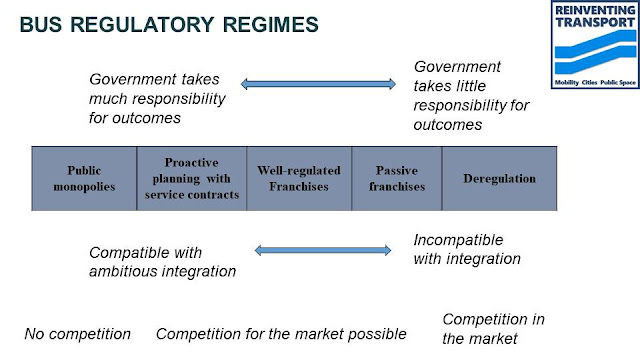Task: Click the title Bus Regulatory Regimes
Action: point(169,24)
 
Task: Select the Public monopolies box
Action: point(84,178)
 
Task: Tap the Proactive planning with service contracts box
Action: point(192,178)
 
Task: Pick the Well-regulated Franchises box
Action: point(299,178)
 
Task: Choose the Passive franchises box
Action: point(397,178)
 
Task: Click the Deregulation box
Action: point(500,178)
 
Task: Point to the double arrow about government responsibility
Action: point(318,84)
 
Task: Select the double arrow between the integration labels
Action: point(323,250)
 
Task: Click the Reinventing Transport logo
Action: point(595,44)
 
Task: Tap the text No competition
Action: point(78,334)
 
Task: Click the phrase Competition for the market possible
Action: point(281,334)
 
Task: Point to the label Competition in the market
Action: point(493,329)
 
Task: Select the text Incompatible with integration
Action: point(467,249)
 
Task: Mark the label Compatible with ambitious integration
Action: point(162,262)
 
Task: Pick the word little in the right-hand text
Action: point(470,86)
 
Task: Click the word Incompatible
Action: point(458,240)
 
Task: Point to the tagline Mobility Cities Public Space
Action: point(595,82)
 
